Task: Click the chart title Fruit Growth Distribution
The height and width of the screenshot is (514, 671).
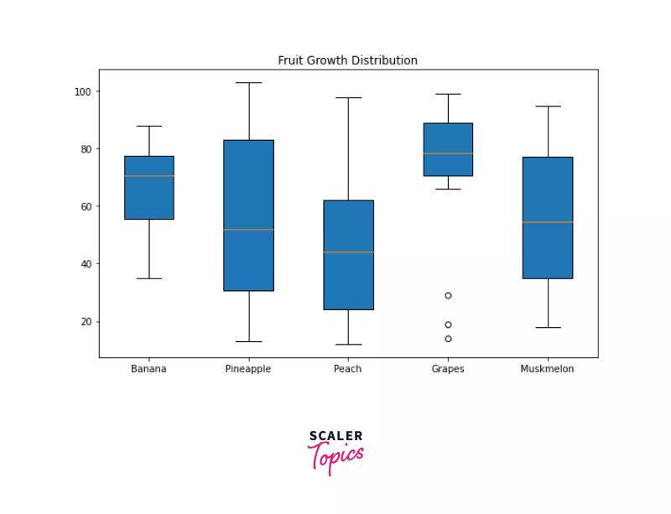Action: tap(347, 60)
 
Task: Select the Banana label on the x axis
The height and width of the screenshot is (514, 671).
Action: tap(148, 369)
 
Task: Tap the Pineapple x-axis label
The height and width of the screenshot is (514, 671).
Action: tap(248, 369)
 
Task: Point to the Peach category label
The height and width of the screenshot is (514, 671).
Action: tap(348, 369)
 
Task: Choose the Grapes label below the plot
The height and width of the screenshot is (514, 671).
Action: tap(448, 369)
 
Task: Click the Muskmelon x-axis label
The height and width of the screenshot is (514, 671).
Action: tap(548, 369)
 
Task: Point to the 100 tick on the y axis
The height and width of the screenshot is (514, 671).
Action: tap(84, 91)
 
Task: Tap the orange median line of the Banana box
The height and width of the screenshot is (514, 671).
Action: tap(148, 176)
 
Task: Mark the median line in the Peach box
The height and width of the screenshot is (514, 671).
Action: tap(348, 252)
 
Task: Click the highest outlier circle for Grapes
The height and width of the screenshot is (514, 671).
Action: tap(448, 295)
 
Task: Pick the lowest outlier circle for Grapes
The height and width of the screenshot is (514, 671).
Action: tap(448, 339)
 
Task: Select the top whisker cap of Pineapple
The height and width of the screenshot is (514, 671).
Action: tap(248, 83)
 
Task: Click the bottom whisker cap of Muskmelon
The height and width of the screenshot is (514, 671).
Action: tap(548, 328)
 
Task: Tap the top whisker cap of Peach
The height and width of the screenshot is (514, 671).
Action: tap(348, 98)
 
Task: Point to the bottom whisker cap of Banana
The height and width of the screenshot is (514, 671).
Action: tap(148, 278)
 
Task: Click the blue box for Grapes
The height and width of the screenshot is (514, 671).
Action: tap(448, 138)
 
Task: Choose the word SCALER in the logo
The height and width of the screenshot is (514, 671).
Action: tap(335, 436)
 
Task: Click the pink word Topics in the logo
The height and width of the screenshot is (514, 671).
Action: tap(335, 457)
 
